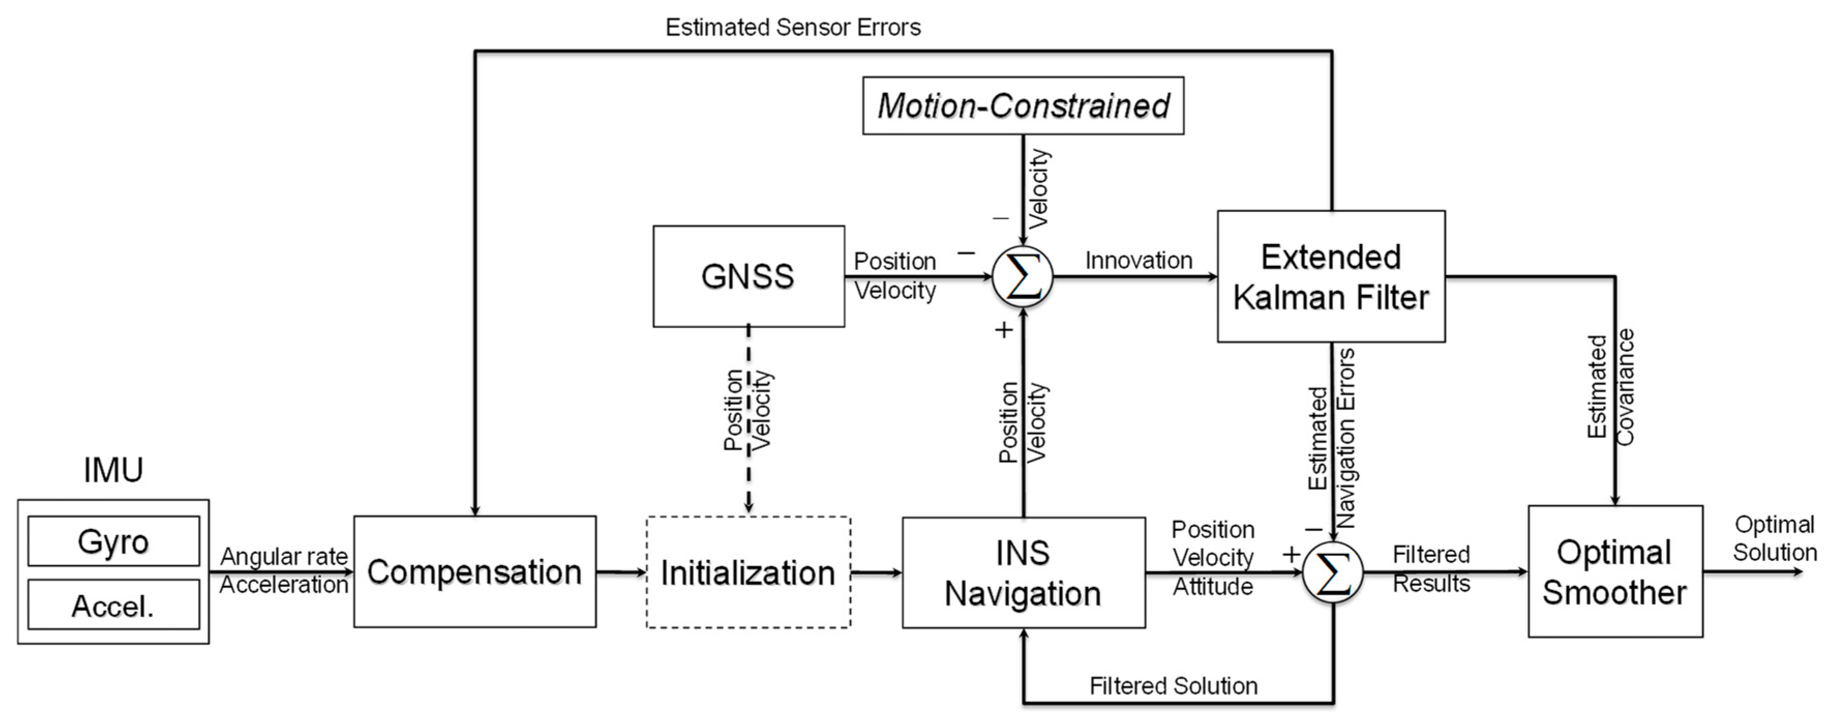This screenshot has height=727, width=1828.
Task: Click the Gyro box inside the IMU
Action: pos(114,541)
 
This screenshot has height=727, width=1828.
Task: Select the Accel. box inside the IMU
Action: pos(114,605)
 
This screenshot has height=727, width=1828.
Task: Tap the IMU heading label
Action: pos(114,469)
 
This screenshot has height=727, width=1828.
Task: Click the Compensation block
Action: pos(475,572)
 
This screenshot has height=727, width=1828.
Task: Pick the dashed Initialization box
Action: pos(748,572)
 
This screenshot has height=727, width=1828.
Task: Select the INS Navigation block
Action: pos(1023,572)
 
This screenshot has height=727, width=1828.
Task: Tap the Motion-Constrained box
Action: pos(1022,105)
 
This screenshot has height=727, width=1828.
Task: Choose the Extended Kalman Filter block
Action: pos(1331,277)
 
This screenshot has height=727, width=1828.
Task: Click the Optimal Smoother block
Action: pos(1614,572)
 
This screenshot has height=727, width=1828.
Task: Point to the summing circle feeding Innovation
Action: pos(1022,277)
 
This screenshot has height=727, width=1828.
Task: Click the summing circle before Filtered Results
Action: pos(1333,572)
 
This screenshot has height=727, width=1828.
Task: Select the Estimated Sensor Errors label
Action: pos(793,27)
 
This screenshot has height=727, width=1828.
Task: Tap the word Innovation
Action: pos(1138,260)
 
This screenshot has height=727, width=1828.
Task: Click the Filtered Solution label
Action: pos(1173,686)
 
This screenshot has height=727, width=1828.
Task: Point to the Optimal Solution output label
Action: pos(1774,538)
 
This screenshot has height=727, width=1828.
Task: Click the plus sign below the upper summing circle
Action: pos(1003,330)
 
